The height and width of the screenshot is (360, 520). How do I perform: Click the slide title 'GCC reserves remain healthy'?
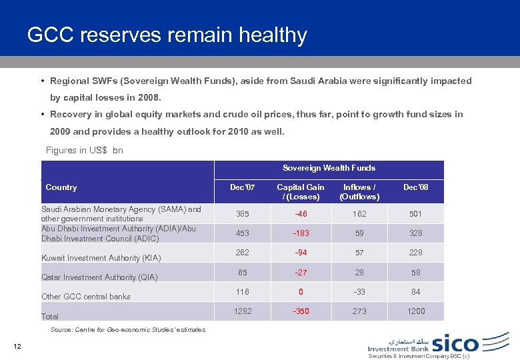click(x=167, y=35)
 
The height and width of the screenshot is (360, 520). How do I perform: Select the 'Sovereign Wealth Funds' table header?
click(x=329, y=168)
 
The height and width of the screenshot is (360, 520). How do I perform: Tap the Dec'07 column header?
click(x=242, y=187)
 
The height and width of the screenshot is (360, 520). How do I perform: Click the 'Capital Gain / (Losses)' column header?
click(x=301, y=192)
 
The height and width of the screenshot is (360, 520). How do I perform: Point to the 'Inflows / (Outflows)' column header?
click(x=359, y=192)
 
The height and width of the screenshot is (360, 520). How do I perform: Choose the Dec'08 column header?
click(x=415, y=187)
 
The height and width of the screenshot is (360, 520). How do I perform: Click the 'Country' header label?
click(x=61, y=188)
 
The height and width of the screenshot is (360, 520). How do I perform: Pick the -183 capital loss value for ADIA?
click(x=301, y=234)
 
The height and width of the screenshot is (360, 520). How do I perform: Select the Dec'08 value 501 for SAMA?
click(x=416, y=214)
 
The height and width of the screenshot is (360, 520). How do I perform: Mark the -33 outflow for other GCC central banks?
click(x=359, y=291)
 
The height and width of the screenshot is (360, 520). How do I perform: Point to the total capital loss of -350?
click(x=301, y=311)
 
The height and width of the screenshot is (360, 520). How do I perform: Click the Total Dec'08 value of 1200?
click(x=416, y=311)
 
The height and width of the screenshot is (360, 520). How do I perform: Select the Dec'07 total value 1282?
click(x=243, y=311)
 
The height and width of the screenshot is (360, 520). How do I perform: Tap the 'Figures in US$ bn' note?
click(x=85, y=151)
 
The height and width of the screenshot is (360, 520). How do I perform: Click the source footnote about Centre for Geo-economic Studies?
click(x=128, y=330)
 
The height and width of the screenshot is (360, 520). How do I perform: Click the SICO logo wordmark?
click(x=455, y=343)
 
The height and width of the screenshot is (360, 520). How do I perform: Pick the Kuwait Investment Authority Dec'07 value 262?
click(x=243, y=253)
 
